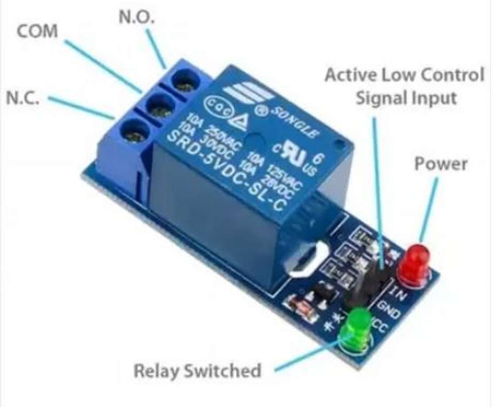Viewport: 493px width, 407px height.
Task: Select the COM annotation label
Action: (x=38, y=31)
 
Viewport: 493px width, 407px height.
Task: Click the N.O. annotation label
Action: (x=137, y=17)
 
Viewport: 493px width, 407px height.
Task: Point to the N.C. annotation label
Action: (x=23, y=98)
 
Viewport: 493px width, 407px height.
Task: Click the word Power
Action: (x=440, y=164)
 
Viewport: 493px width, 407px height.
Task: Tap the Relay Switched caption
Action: (x=197, y=371)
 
